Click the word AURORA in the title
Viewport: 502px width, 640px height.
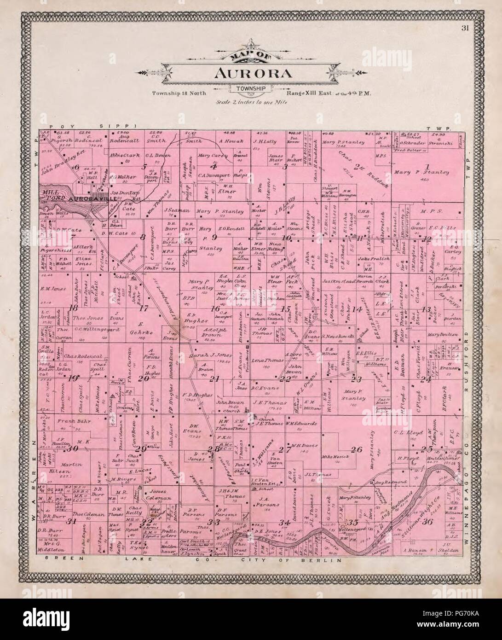coord(251,74)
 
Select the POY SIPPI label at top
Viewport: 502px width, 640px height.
coord(91,126)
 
